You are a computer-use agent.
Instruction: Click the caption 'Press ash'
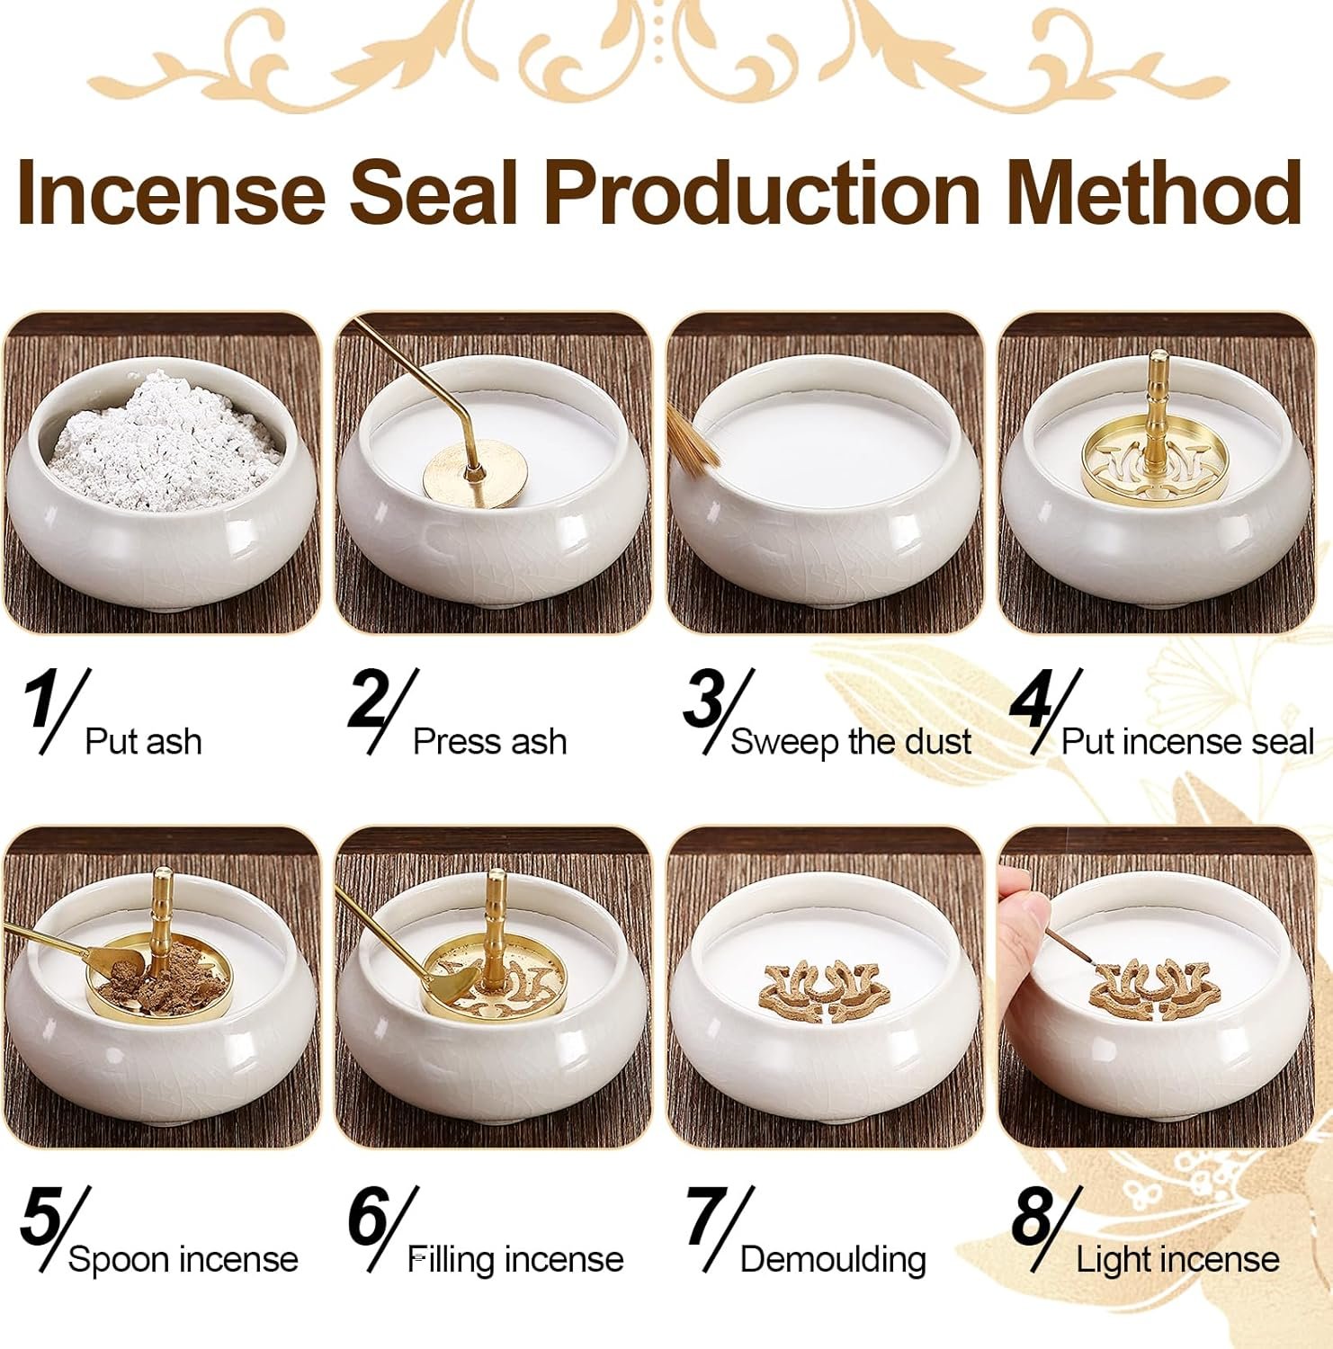pos(489,742)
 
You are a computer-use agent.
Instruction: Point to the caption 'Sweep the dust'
pos(851,742)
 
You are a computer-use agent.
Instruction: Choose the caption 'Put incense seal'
pos(1187,742)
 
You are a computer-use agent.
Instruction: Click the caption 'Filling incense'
pos(516,1259)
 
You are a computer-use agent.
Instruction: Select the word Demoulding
pos(833,1259)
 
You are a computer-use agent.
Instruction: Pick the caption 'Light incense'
pos(1177,1259)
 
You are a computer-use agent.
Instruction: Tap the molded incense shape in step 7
pos(826,992)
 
